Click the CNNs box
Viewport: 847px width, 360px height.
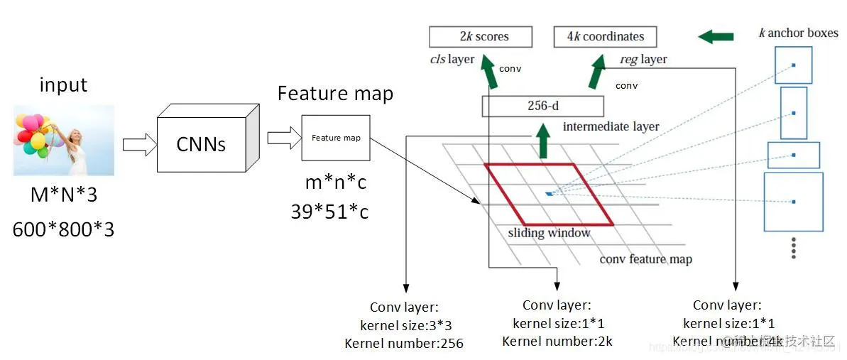(201, 144)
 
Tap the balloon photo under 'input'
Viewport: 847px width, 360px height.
(64, 140)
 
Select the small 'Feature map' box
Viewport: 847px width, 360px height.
(336, 138)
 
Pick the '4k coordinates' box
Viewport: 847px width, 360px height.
(605, 37)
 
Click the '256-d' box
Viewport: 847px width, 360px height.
(542, 107)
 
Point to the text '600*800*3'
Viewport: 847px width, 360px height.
(63, 229)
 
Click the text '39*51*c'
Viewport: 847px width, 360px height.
(329, 212)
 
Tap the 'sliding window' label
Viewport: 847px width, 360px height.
(549, 233)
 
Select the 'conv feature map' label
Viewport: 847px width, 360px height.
(645, 259)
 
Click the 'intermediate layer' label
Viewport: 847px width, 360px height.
(611, 126)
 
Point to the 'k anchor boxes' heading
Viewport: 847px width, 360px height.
(798, 33)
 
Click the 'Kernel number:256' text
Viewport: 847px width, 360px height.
(404, 344)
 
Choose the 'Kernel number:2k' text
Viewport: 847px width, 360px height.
(557, 342)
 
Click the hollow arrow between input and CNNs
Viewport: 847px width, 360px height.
(138, 144)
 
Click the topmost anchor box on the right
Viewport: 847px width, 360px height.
(793, 65)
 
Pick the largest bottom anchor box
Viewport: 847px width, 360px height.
(793, 202)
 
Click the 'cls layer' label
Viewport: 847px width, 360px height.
(452, 59)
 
